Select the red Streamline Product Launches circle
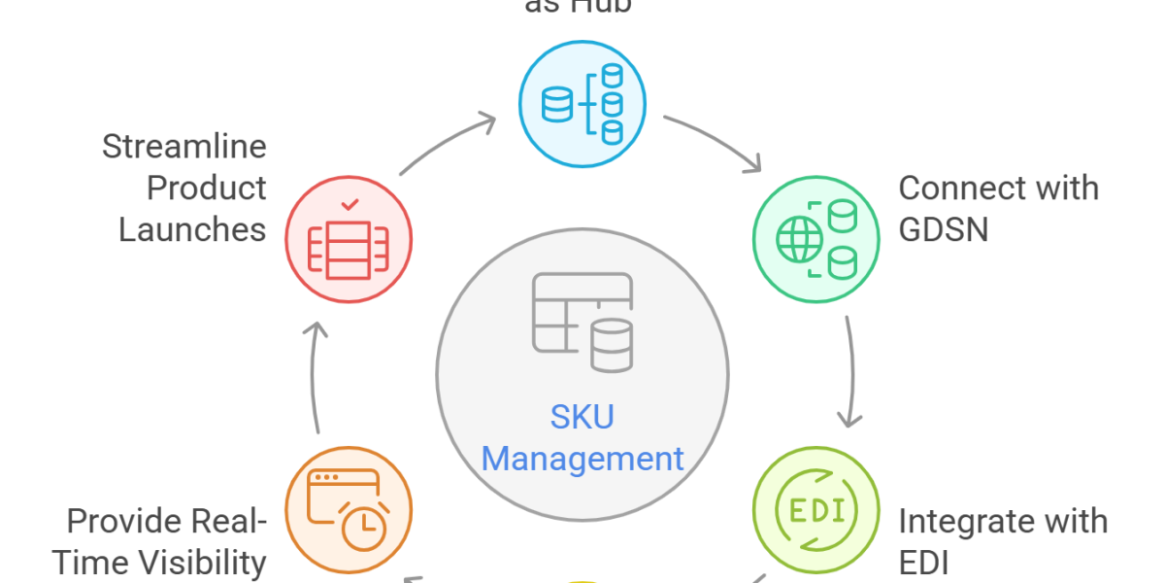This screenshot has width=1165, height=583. (x=348, y=236)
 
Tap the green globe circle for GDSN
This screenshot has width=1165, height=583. (x=816, y=237)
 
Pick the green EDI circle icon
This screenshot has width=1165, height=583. (x=816, y=508)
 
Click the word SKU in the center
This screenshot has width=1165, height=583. (x=582, y=418)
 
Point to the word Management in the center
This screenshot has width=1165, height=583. (x=582, y=457)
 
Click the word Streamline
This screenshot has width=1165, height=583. (x=184, y=148)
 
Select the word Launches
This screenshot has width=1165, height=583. (x=192, y=229)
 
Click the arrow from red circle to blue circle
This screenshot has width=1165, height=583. (x=447, y=144)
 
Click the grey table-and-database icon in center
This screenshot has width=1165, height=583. (x=582, y=323)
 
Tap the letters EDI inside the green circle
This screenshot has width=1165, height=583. (x=816, y=510)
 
